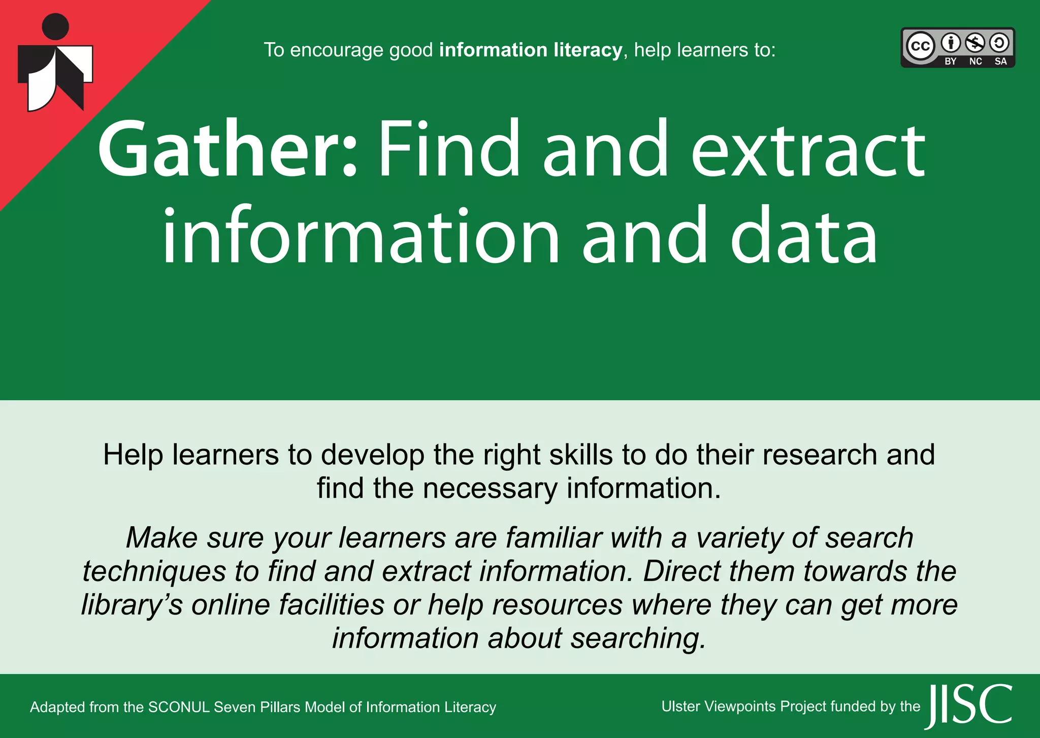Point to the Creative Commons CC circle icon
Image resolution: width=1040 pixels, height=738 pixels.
[x=920, y=46]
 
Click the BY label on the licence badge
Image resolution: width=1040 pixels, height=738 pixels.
[x=950, y=61]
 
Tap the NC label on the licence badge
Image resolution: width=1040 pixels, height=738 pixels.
[x=975, y=61]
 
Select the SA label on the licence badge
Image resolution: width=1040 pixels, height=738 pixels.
[x=1000, y=61]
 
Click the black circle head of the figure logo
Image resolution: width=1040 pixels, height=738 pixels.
[x=55, y=26]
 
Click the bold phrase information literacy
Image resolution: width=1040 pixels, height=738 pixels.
[x=530, y=50]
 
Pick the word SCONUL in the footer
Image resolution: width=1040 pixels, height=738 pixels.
[x=179, y=707]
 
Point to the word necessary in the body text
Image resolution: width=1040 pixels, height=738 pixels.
[x=490, y=489]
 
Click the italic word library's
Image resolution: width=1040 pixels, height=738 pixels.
[x=132, y=604]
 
